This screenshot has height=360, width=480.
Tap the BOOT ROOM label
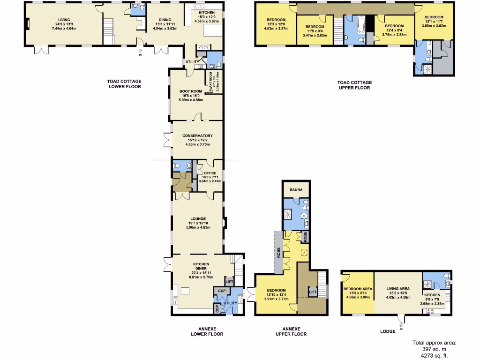click(190, 91)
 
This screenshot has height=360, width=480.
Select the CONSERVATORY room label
click(197, 136)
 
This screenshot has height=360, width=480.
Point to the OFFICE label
click(210, 173)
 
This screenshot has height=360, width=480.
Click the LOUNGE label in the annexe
click(198, 218)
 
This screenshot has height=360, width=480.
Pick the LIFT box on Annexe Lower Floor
click(229, 282)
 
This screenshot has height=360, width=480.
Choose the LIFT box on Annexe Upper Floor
click(312, 292)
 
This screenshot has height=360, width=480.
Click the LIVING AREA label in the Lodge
click(398, 289)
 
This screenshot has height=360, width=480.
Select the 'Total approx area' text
click(434, 343)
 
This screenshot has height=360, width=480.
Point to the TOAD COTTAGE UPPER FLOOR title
click(354, 85)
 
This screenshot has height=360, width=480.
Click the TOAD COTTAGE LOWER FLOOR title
click(124, 84)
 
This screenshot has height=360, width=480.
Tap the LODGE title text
click(387, 331)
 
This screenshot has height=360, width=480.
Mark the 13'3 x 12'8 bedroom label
click(275, 20)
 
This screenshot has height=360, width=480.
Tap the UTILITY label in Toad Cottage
click(192, 62)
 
